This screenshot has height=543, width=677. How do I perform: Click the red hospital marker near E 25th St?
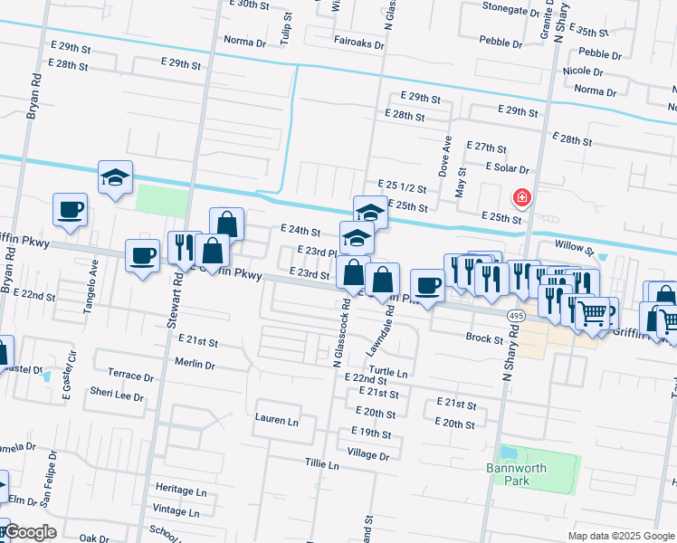pyautogui.click(x=521, y=197)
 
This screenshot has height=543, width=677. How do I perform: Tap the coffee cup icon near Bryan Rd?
pyautogui.click(x=71, y=211)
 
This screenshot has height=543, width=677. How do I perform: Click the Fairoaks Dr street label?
pyautogui.click(x=361, y=41)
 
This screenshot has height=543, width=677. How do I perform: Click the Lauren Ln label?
pyautogui.click(x=276, y=421)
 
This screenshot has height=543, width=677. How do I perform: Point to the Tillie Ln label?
pyautogui.click(x=321, y=465)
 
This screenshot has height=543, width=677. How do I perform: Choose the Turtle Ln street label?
pyautogui.click(x=389, y=373)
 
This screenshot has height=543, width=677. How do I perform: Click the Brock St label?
pyautogui.click(x=484, y=339)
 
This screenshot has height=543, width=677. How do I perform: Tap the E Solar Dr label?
pyautogui.click(x=507, y=167)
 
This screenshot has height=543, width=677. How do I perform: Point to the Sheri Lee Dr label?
pyautogui.click(x=117, y=395)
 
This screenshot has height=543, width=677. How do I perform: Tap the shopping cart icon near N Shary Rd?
pyautogui.click(x=593, y=314)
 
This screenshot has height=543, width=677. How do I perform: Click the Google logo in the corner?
pyautogui.click(x=28, y=532)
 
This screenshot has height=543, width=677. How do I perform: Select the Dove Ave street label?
pyautogui.click(x=445, y=156)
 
